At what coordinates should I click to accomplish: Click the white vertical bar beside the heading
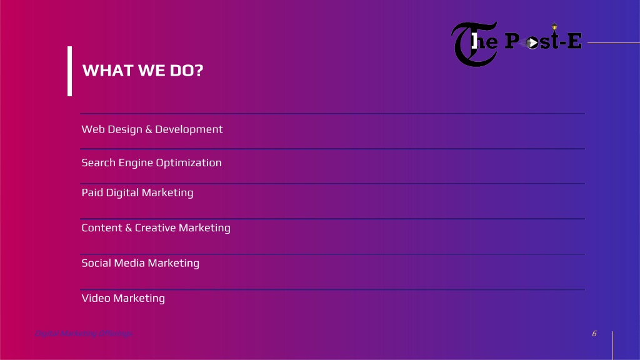[70, 71]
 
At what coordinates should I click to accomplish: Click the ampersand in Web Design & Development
[149, 129]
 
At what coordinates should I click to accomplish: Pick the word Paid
[92, 192]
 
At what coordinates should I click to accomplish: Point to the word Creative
[155, 228]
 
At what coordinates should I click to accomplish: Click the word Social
[96, 263]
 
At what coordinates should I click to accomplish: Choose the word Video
[96, 298]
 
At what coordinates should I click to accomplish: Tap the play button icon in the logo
[532, 42]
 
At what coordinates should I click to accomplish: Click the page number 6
[594, 333]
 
